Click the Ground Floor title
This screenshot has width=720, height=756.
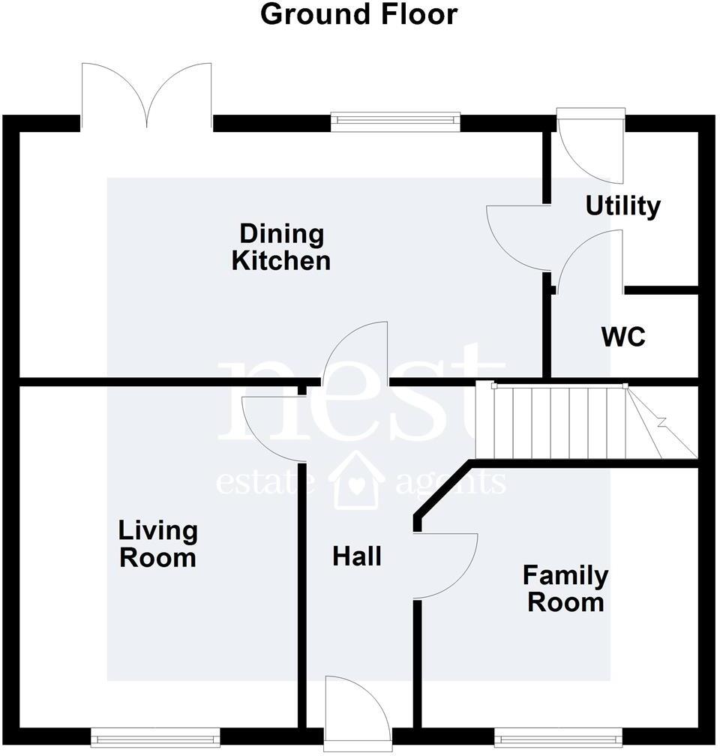click(x=358, y=14)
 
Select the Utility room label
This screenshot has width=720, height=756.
click(x=622, y=205)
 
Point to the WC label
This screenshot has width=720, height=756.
click(x=622, y=337)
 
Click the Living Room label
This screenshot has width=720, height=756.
click(x=157, y=544)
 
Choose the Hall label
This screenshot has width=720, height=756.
click(x=357, y=556)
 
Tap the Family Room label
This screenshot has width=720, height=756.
click(x=565, y=589)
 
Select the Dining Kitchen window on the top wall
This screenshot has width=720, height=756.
click(x=395, y=119)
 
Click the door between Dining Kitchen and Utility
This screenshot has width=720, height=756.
click(x=516, y=236)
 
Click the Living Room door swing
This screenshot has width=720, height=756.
click(x=274, y=427)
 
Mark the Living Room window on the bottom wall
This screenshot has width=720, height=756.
click(x=155, y=736)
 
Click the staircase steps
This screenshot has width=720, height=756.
click(x=551, y=421)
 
